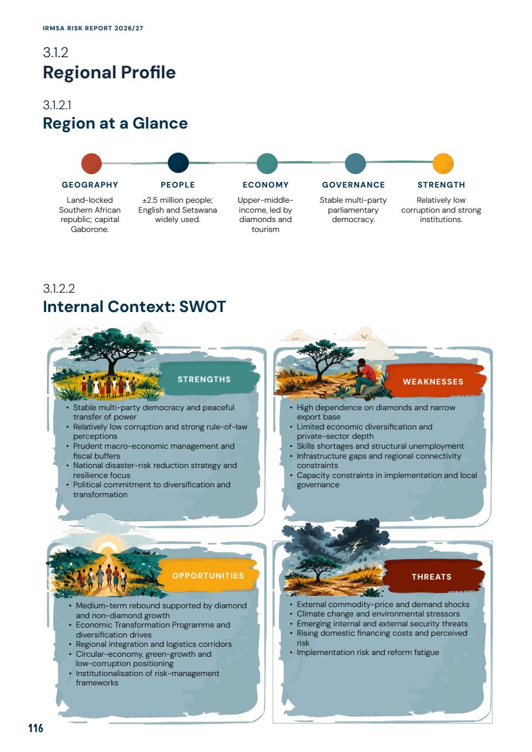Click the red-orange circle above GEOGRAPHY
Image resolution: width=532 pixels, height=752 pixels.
click(91, 163)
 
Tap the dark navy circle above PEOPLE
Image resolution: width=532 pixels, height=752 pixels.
click(178, 163)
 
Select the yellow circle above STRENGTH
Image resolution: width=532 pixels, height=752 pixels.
click(443, 163)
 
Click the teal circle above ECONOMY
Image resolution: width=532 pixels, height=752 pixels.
click(267, 163)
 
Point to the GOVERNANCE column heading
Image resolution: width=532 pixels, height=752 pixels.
click(353, 185)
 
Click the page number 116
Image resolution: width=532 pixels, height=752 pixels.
click(36, 728)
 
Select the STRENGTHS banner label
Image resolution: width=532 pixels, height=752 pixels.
click(204, 379)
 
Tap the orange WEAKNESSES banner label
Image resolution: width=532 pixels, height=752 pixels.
click(433, 382)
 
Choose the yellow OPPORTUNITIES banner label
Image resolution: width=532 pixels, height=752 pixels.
click(208, 576)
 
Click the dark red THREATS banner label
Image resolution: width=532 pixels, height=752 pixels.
click(431, 577)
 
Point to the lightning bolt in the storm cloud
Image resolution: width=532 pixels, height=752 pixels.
click(357, 546)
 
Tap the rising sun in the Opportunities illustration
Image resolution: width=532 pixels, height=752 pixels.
click(108, 548)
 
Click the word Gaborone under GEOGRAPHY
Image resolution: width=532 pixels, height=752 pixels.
click(89, 230)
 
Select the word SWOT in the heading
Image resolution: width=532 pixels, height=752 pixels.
click(202, 307)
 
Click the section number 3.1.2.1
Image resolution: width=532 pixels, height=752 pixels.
click(57, 105)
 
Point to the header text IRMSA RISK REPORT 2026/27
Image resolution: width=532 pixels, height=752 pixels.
click(93, 28)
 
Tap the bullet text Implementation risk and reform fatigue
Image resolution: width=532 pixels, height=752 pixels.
click(368, 652)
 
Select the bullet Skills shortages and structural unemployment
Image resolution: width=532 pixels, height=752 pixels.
click(380, 446)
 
